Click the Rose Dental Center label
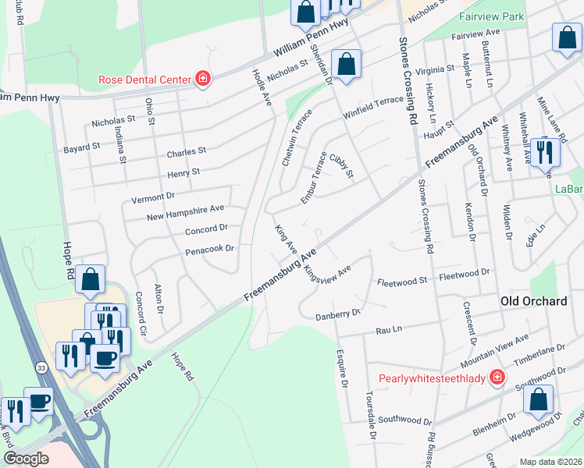pyautogui.click(x=144, y=79)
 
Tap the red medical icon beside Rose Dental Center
pyautogui.click(x=202, y=78)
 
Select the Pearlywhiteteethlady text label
pyautogui.click(x=432, y=379)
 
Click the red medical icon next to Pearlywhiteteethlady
pyautogui.click(x=495, y=378)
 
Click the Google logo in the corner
pyautogui.click(x=26, y=459)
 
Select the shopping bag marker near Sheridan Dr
pyautogui.click(x=345, y=65)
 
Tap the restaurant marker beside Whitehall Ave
pyautogui.click(x=545, y=152)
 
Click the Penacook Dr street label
pyautogui.click(x=209, y=250)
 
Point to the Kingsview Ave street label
pyautogui.click(x=329, y=272)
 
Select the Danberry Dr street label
pyautogui.click(x=337, y=314)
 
